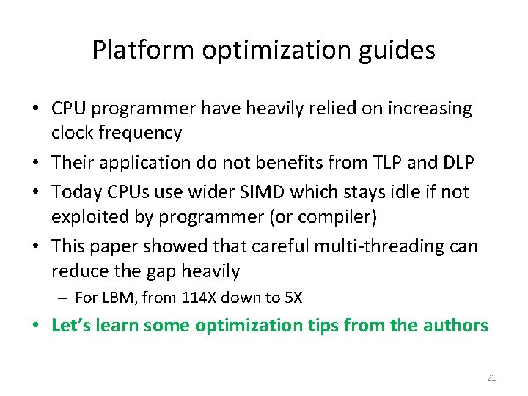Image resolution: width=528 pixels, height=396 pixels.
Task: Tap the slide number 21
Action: (x=491, y=378)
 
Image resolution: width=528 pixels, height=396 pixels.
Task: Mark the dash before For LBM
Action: (x=64, y=298)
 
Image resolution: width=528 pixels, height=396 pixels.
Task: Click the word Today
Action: (x=73, y=192)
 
